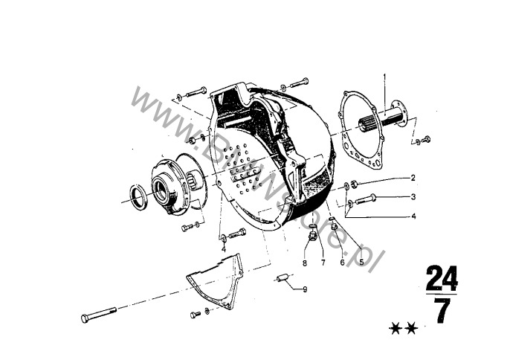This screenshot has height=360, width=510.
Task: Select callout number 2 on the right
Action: coord(413,178)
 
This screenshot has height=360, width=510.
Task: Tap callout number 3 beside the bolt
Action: coord(413,196)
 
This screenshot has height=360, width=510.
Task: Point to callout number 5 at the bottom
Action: coord(361,261)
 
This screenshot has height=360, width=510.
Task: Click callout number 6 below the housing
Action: coord(342,262)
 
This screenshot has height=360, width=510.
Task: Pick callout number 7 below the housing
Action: coord(323,263)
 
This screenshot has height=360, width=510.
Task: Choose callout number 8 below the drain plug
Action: coord(305,263)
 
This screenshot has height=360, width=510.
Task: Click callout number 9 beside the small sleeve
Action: coord(305,289)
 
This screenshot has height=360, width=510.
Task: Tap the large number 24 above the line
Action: coord(442,278)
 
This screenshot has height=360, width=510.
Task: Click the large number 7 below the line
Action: coord(442,311)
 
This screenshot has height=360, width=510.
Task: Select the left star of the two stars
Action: coord(395,328)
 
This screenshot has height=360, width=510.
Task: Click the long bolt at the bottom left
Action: coord(99,314)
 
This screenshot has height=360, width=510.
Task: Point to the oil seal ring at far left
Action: coord(138,197)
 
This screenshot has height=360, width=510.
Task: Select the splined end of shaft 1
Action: coord(367,125)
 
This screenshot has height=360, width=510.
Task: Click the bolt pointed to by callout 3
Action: coord(367,199)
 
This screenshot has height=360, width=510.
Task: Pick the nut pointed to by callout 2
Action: coord(355,184)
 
